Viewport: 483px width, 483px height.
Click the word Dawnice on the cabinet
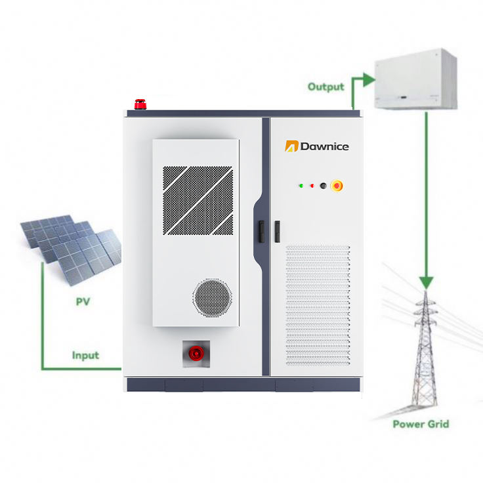tap(324, 146)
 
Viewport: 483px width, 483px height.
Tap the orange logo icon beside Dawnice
tap(291, 146)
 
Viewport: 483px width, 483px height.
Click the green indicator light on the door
tap(301, 186)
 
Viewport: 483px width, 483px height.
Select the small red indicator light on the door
tap(312, 186)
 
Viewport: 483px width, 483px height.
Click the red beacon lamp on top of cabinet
tap(140, 104)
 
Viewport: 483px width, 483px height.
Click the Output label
tap(325, 87)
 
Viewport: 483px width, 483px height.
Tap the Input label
tap(85, 355)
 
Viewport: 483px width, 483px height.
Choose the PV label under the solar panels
tap(83, 302)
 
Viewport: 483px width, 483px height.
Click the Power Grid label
tap(421, 424)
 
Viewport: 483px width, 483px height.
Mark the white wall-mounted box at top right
tap(415, 80)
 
